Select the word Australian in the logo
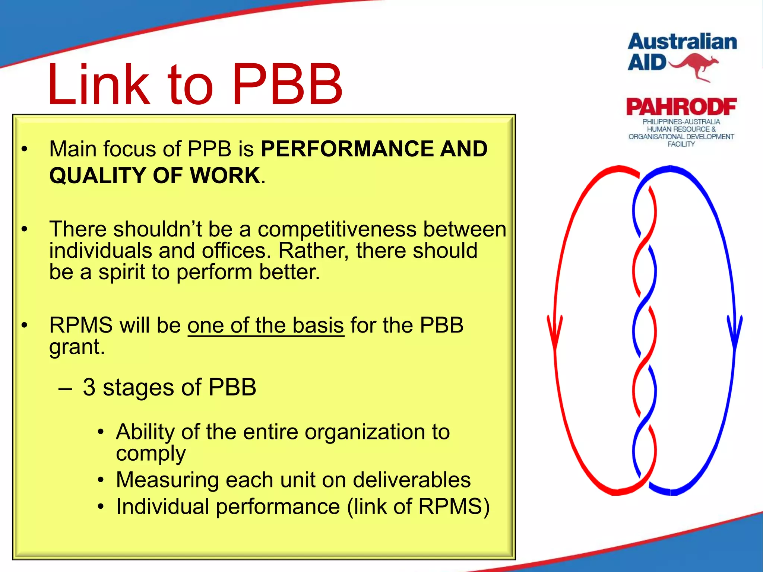point(682,42)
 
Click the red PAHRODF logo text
point(681,107)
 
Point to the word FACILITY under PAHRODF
point(681,144)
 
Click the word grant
point(77,347)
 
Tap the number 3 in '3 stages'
point(89,387)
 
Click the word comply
point(151,454)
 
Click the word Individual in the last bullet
point(162,507)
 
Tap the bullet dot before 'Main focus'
point(25,149)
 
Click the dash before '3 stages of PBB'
point(65,388)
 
